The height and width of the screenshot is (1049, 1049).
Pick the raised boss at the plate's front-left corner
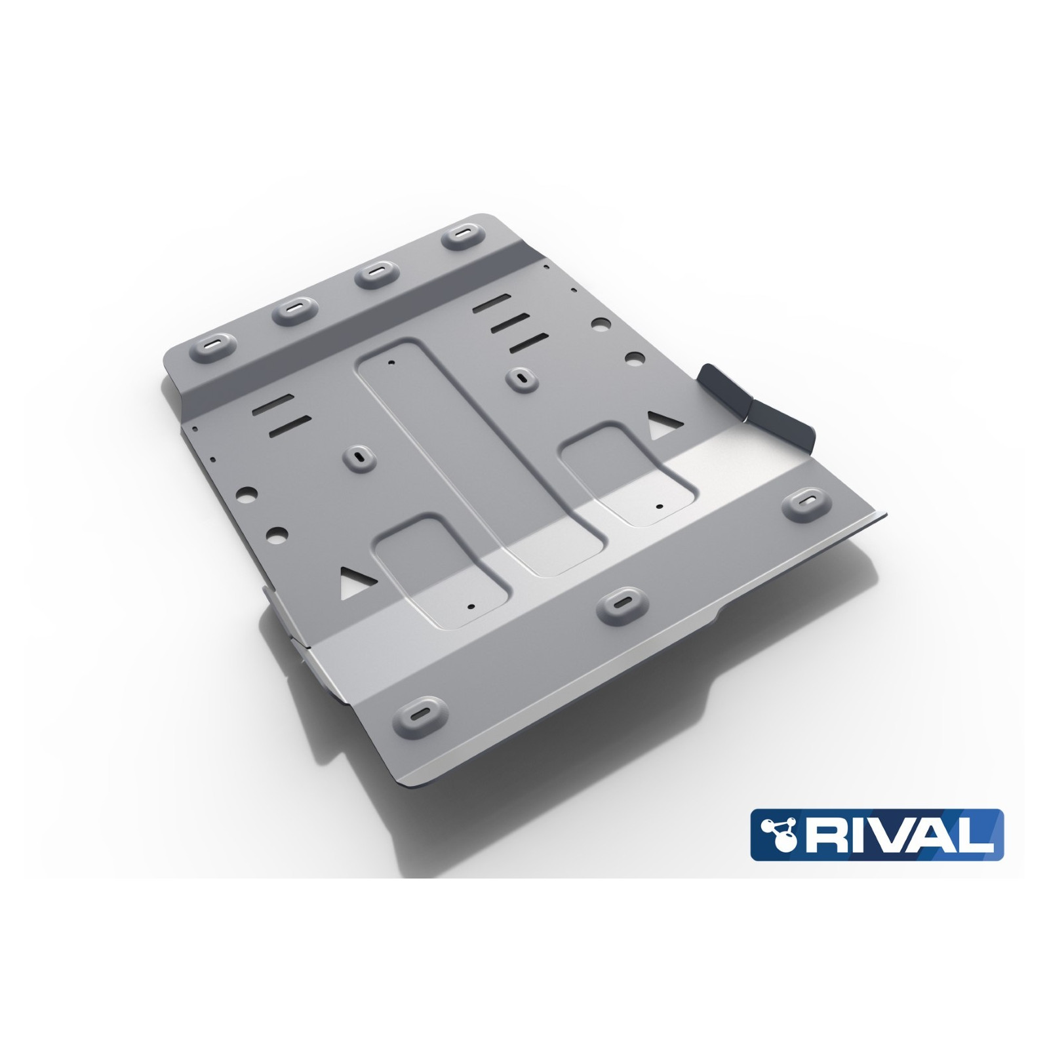[x=425, y=713]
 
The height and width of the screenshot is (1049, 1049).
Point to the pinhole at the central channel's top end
[x=391, y=362]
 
